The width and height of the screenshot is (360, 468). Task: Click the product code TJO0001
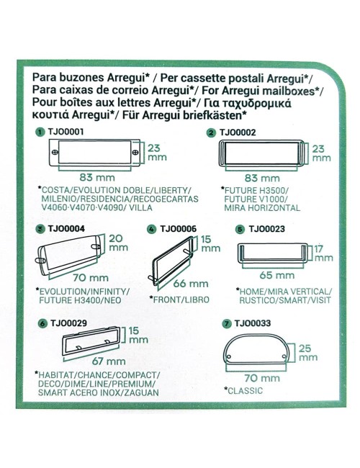coord(66,132)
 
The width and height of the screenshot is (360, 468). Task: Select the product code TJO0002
coord(236,132)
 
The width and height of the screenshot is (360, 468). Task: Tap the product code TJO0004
coord(66,229)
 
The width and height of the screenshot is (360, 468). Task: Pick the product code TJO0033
coord(253,324)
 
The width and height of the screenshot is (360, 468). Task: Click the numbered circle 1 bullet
coord(39,132)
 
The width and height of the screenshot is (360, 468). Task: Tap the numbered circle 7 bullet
coord(228,324)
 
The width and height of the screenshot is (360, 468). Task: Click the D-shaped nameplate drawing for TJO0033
coord(260,352)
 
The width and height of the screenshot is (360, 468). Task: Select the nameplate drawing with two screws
coord(96,153)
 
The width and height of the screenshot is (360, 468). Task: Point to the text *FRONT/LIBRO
coord(174,297)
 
